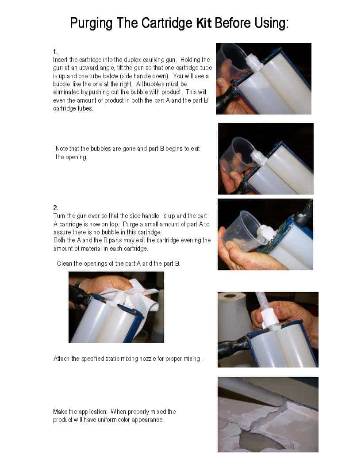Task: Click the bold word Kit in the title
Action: click(x=204, y=23)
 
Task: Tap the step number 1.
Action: click(x=55, y=52)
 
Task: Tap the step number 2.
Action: click(x=56, y=207)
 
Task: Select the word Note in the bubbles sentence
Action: click(x=62, y=149)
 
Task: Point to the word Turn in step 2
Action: click(x=59, y=216)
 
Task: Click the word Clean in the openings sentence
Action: click(x=64, y=264)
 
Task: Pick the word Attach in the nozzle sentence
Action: click(x=61, y=359)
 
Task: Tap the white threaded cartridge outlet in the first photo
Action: click(x=253, y=63)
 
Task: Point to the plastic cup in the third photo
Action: click(x=243, y=231)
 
